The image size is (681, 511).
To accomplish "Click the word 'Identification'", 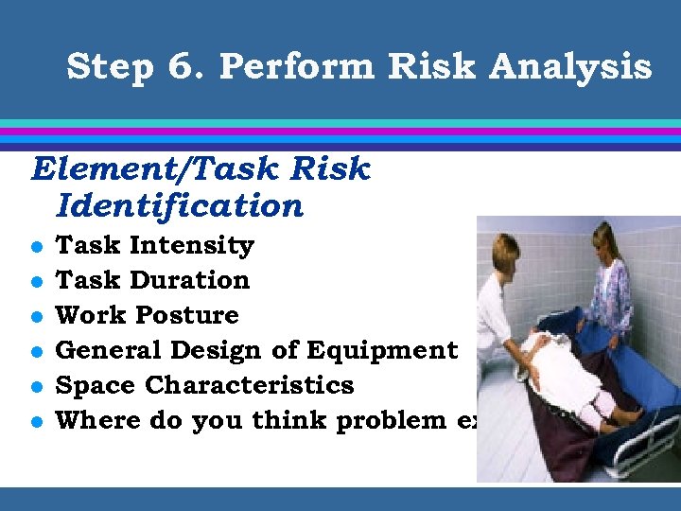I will [180, 205].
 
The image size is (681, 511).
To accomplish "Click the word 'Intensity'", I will [192, 246].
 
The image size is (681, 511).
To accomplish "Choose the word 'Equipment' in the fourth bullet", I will [393, 351].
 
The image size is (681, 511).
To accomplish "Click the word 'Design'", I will [217, 351].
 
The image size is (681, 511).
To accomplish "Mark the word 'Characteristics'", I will [250, 386].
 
